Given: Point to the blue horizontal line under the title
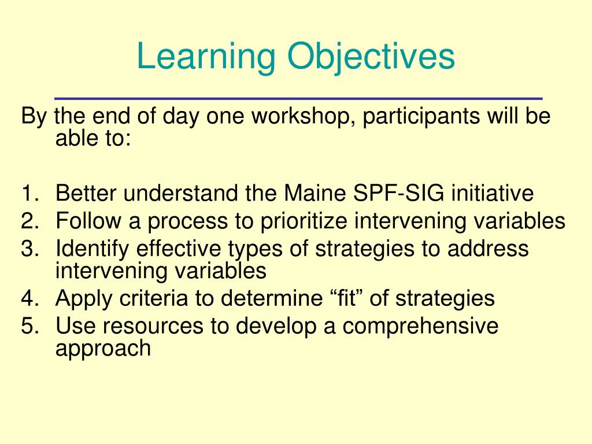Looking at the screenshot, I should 298,98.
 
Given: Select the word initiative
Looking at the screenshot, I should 493,194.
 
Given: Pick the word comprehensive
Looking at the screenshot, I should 420,327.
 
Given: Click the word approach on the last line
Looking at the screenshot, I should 103,348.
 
